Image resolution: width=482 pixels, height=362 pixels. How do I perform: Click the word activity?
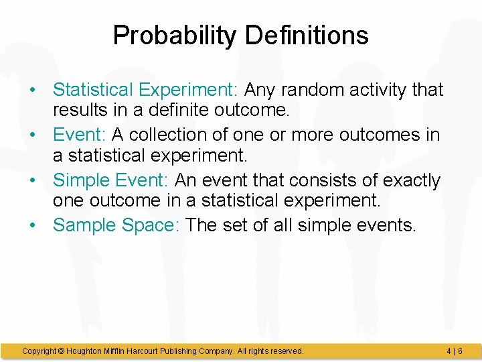pyautogui.click(x=379, y=90)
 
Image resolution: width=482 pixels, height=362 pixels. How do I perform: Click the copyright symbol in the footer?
pyautogui.click(x=60, y=351)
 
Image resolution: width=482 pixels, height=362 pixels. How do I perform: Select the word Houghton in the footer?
pyautogui.click(x=84, y=351)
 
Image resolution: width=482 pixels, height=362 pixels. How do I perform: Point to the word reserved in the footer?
pyautogui.click(x=285, y=351)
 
